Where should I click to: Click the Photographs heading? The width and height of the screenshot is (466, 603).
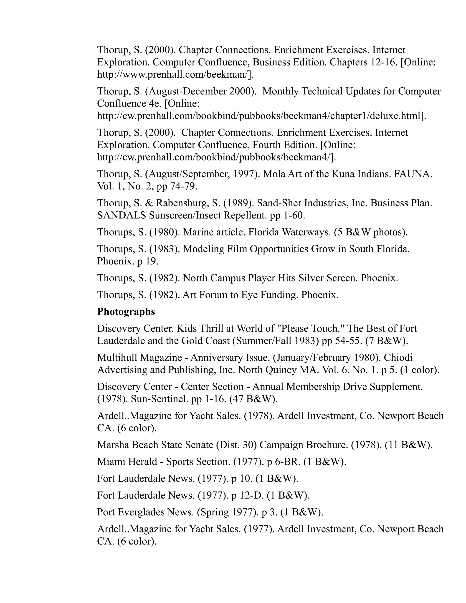126,312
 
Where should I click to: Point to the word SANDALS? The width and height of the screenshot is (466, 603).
122,215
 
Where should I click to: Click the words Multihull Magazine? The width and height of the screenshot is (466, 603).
139,357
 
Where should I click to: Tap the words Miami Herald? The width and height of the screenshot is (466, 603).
127,462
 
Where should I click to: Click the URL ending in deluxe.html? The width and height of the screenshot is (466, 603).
261,116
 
